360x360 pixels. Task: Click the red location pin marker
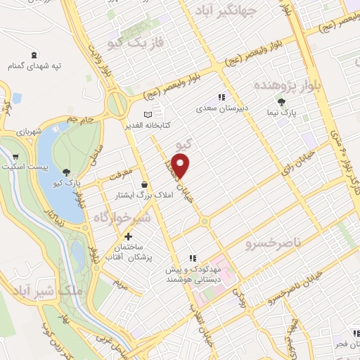181,167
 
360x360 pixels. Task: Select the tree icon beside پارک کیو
66,172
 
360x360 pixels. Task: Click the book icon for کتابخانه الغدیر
147,115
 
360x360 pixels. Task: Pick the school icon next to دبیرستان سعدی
221,98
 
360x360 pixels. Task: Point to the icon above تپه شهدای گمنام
34,55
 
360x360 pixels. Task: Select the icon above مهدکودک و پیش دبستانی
193,258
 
